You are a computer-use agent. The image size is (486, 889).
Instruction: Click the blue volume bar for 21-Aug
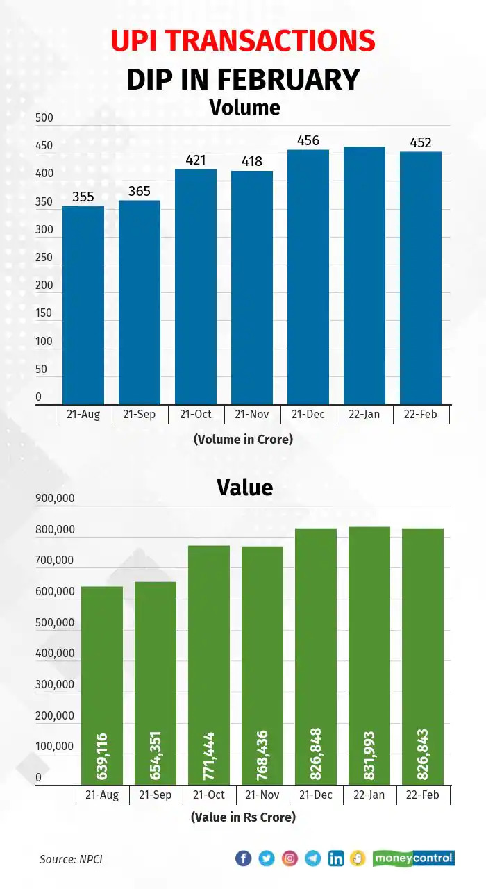coord(83,306)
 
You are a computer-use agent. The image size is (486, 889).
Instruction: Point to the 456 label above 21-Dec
coord(308,141)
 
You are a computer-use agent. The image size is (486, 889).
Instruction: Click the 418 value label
coord(252,161)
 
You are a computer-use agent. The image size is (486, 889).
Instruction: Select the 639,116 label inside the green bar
coord(102,755)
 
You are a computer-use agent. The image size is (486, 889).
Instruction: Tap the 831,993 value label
coord(369,755)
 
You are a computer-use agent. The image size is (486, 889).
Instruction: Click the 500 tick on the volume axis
coord(44,118)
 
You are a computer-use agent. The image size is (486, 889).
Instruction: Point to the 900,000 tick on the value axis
coord(55,499)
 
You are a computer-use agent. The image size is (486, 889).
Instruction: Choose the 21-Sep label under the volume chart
coord(140,415)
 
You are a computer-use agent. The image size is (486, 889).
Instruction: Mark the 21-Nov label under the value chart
coord(263,795)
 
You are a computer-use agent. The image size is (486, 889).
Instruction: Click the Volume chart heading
coord(244,108)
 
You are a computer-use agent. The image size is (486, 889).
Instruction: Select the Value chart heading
coord(244,487)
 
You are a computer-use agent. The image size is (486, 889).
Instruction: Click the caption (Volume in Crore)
coord(243,439)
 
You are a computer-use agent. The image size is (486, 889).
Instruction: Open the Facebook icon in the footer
coord(243,858)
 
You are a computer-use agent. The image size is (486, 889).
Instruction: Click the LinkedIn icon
coord(336,858)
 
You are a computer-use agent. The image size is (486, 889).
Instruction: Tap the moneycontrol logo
coord(414,858)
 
